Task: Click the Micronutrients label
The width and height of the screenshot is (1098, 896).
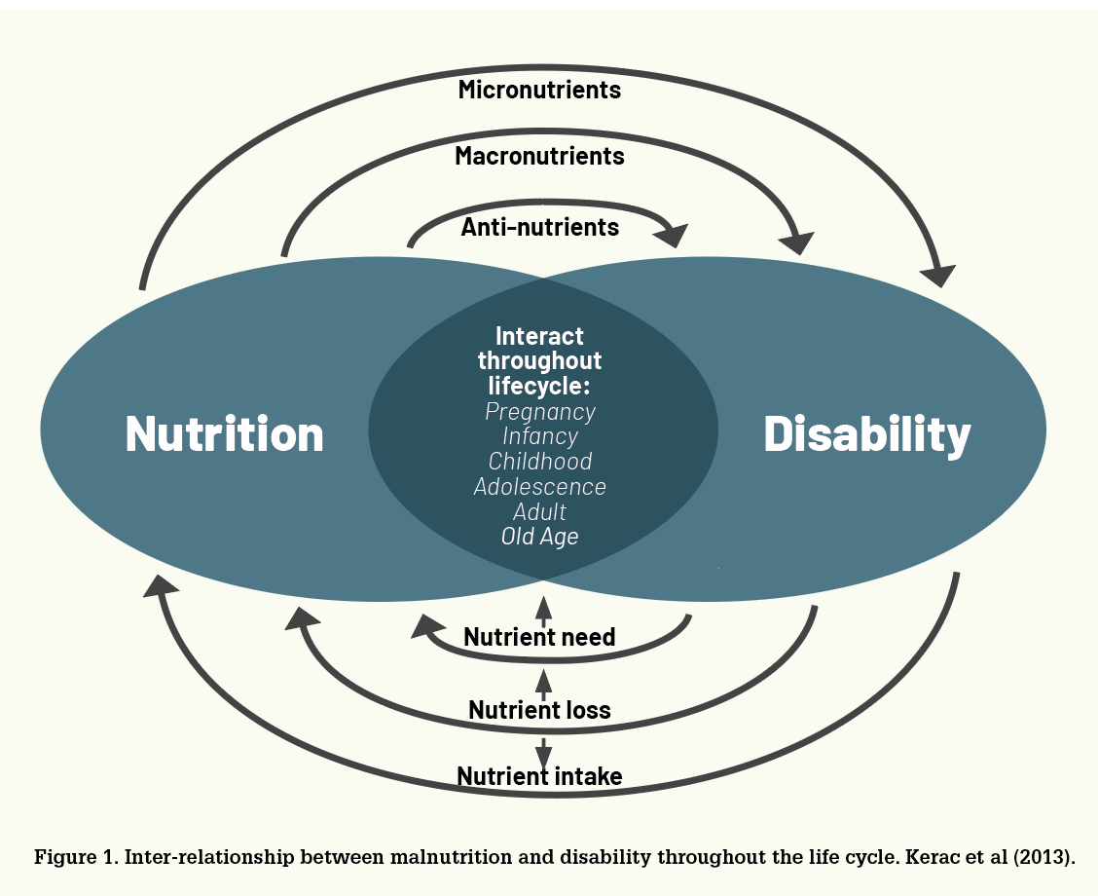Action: [539, 90]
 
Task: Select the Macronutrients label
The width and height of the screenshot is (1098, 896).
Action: [539, 156]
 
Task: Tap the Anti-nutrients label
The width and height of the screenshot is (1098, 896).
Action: [539, 227]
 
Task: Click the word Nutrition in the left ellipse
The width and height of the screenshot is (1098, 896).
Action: [224, 433]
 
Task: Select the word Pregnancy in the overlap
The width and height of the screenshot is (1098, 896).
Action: [540, 412]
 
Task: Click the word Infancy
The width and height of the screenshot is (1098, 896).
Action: [540, 436]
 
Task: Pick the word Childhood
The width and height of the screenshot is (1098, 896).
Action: [540, 461]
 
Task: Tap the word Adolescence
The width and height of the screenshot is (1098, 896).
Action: [540, 486]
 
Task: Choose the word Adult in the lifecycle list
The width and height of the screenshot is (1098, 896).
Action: [539, 511]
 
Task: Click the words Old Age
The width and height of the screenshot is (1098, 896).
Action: [540, 537]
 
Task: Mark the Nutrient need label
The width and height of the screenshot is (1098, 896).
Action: [539, 637]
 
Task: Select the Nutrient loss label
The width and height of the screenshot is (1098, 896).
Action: [539, 710]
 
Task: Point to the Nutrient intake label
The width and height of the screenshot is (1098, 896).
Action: [539, 776]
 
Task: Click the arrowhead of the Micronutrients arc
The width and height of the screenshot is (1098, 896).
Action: [939, 276]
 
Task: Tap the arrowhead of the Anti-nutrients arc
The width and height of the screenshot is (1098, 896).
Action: [674, 236]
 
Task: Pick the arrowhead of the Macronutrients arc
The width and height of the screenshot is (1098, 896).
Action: [798, 243]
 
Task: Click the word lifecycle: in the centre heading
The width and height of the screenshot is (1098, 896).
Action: [539, 386]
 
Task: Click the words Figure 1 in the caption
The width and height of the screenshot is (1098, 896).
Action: [76, 857]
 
